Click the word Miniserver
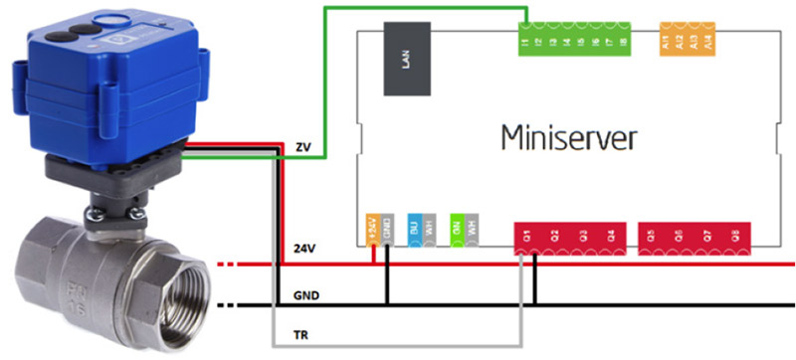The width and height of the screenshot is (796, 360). tap(567, 136)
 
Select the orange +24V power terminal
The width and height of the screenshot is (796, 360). tap(372, 228)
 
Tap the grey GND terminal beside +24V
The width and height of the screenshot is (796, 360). tap(386, 228)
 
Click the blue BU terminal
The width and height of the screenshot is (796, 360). tap(413, 228)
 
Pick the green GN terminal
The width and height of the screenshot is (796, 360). tap(456, 228)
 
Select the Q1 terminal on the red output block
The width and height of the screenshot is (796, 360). tap(526, 236)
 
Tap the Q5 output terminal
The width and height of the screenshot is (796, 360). tap(651, 236)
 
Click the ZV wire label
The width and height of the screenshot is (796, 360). tap(303, 146)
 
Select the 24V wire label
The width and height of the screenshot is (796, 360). tap(304, 248)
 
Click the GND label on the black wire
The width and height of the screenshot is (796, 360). tap(305, 295)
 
